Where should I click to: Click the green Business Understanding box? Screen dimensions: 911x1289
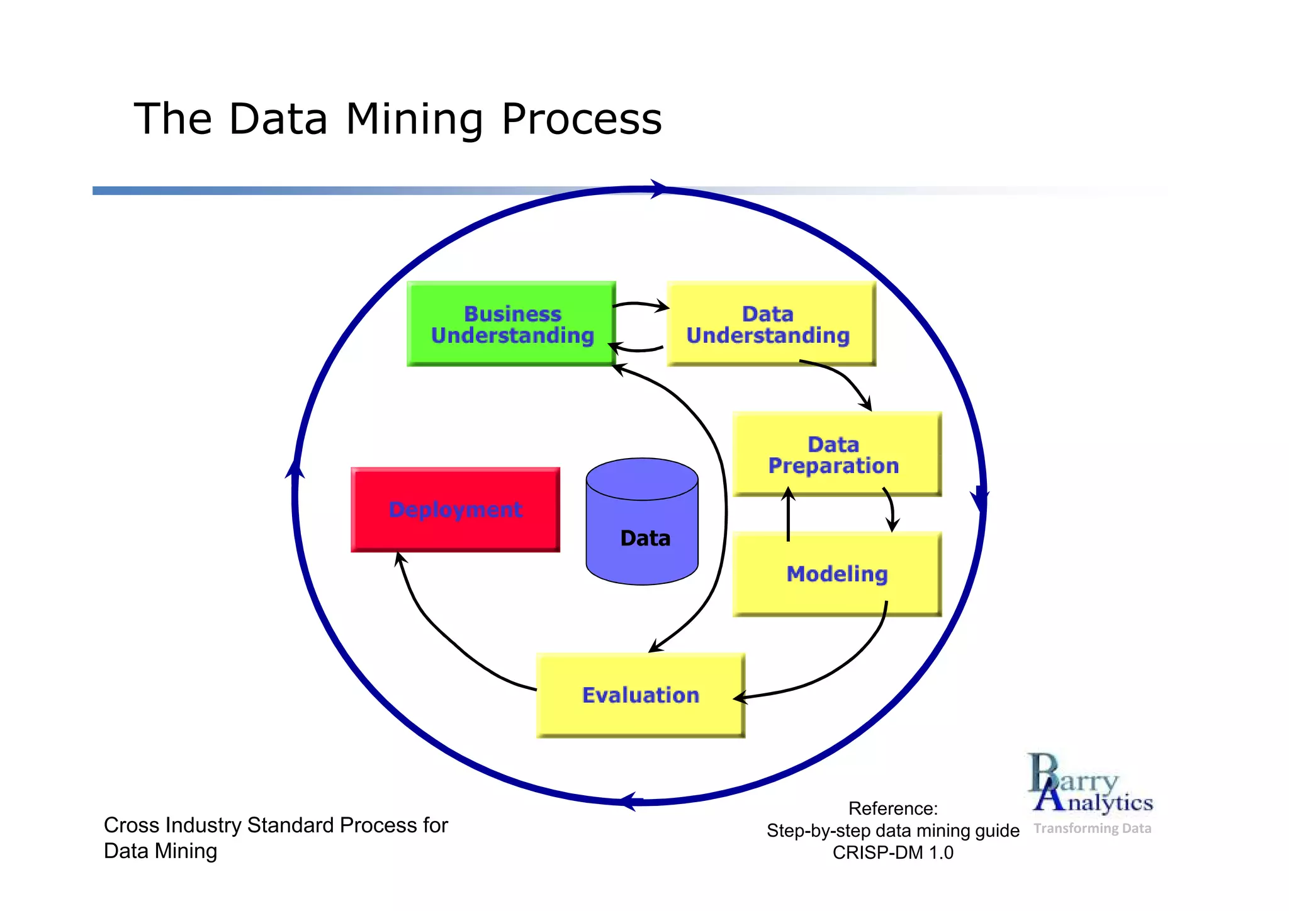(511, 324)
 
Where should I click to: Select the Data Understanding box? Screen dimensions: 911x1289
(770, 324)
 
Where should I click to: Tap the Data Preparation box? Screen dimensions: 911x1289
(836, 454)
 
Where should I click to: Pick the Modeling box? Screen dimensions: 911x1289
(836, 574)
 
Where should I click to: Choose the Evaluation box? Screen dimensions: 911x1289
(640, 695)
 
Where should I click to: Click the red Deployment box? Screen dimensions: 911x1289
(455, 510)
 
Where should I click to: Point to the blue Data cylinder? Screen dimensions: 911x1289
(642, 522)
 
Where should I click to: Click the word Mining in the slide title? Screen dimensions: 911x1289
(414, 120)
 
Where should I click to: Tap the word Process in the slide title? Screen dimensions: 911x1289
(582, 120)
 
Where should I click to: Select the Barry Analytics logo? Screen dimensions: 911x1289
(1090, 784)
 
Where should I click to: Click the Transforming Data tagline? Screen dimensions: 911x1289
(1092, 829)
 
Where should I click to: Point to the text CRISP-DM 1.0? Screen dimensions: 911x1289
(892, 853)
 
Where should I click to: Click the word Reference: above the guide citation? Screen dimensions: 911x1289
(892, 808)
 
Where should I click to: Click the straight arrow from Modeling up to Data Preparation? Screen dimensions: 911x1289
(788, 516)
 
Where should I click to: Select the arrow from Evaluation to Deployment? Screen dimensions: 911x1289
(441, 635)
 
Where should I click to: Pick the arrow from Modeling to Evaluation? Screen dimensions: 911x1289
(843, 667)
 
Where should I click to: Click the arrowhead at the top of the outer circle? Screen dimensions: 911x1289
(658, 189)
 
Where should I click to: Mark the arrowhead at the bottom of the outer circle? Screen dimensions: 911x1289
(628, 802)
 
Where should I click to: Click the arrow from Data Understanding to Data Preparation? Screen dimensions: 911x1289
(843, 377)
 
